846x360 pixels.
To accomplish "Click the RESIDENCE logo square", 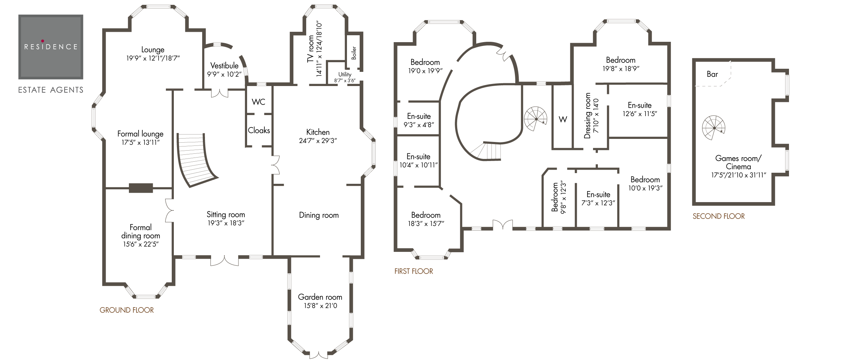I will click(x=51, y=47).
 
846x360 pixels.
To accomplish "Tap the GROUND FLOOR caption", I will click(x=126, y=310).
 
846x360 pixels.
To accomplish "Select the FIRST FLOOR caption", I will click(x=414, y=271).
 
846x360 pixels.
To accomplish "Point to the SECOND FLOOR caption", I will click(x=718, y=216).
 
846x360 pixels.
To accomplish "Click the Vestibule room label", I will click(x=224, y=66).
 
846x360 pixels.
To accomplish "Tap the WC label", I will click(x=258, y=102).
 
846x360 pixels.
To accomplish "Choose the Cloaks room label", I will click(x=259, y=130).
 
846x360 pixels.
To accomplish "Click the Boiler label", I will click(x=354, y=53).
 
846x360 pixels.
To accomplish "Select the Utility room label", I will click(x=345, y=74).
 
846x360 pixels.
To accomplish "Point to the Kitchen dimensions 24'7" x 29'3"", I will click(x=318, y=141).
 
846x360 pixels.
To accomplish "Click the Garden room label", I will click(x=320, y=297).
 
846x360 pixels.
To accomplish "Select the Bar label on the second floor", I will click(x=712, y=74).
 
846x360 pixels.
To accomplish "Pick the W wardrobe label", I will click(x=563, y=120).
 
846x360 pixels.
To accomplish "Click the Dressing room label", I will click(x=587, y=116).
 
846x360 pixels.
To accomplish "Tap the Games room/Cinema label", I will click(x=738, y=162).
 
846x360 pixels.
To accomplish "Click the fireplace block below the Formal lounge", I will click(x=141, y=188).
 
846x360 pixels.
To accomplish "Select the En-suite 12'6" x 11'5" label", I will click(x=639, y=105).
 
